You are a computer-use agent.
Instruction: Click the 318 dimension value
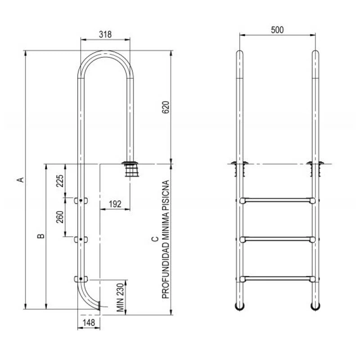105,35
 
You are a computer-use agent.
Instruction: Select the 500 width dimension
277,30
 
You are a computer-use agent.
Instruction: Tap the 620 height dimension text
166,107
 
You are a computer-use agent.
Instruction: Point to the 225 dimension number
60,181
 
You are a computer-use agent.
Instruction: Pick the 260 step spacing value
60,217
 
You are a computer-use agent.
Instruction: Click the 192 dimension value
115,204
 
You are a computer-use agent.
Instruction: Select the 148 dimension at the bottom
89,323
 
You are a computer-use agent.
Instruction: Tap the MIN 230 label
120,297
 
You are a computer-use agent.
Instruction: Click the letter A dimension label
21,180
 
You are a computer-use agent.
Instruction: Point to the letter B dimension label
40,236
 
